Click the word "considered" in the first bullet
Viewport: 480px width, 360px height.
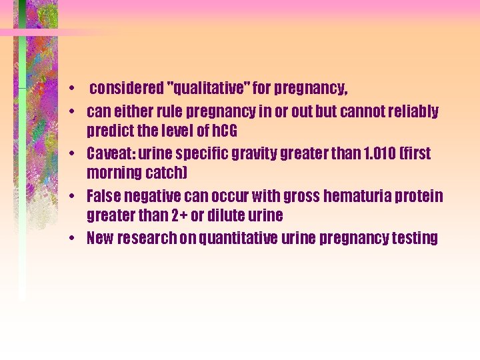point(126,88)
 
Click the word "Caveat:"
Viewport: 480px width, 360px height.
point(111,154)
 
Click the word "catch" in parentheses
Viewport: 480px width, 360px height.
point(169,173)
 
